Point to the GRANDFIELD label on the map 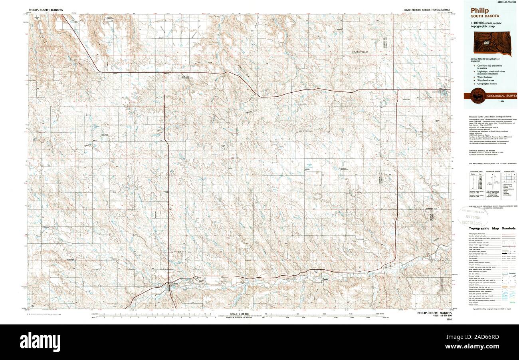(360, 52)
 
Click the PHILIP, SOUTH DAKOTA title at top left (46, 9)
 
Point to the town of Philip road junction (170, 284)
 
